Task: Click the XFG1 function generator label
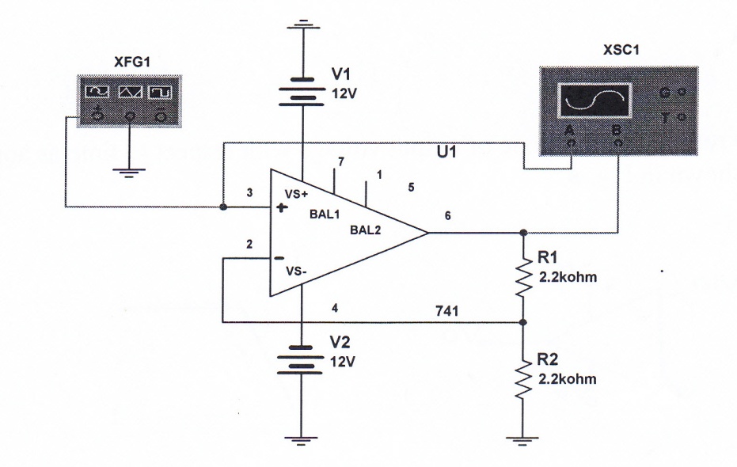click(x=132, y=62)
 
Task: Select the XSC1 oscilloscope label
click(x=621, y=50)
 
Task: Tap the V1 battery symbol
click(x=302, y=92)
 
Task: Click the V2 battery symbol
click(x=300, y=360)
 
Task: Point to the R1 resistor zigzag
click(x=523, y=278)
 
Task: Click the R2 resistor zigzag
click(x=523, y=381)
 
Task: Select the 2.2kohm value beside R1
click(x=568, y=277)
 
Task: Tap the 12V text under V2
click(x=342, y=362)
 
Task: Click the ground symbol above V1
click(x=303, y=25)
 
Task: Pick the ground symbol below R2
click(x=522, y=441)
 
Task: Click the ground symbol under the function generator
click(x=129, y=172)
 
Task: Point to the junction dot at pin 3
click(x=223, y=207)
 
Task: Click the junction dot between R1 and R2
click(x=523, y=322)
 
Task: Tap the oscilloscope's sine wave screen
click(x=595, y=101)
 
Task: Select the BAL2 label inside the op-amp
click(x=365, y=230)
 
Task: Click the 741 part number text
click(x=447, y=311)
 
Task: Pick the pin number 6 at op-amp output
click(x=447, y=215)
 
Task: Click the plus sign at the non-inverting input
click(x=281, y=207)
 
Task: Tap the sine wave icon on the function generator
click(x=97, y=92)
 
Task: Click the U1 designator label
click(x=447, y=152)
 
